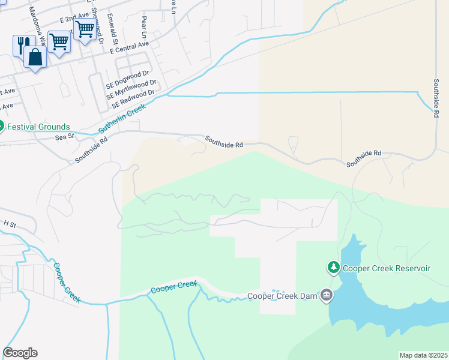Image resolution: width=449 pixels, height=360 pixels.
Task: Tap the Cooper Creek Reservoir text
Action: pyautogui.click(x=387, y=268)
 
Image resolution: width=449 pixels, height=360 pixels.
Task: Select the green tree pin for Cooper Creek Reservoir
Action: pyautogui.click(x=333, y=267)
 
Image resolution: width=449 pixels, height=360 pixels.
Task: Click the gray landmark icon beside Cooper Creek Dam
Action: pyautogui.click(x=327, y=295)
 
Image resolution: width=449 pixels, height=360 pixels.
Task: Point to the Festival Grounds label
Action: pyautogui.click(x=38, y=127)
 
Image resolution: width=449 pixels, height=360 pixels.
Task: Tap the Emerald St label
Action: pyautogui.click(x=111, y=25)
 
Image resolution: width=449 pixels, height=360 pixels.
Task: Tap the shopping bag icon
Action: pyautogui.click(x=35, y=58)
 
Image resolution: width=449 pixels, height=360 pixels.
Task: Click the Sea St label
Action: pyautogui.click(x=64, y=137)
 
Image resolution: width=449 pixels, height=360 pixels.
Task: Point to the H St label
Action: pyautogui.click(x=9, y=223)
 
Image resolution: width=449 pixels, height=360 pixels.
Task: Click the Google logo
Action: pyautogui.click(x=20, y=353)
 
